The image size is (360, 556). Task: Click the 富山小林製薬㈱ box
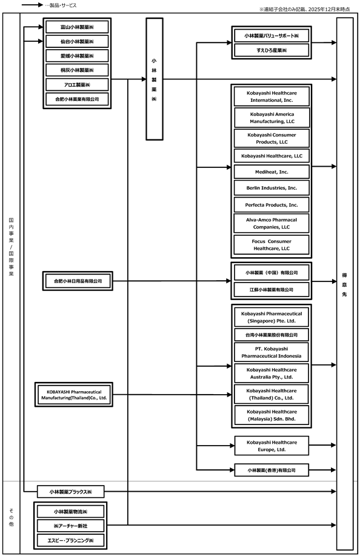click(x=77, y=27)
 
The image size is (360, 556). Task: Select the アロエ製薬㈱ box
click(x=77, y=85)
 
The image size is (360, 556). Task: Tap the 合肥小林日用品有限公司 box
click(x=78, y=281)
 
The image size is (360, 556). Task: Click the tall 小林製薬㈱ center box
click(x=155, y=79)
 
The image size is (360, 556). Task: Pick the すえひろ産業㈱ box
click(x=272, y=50)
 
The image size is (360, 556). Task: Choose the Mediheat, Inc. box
click(x=272, y=172)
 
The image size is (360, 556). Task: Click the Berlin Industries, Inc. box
click(x=272, y=188)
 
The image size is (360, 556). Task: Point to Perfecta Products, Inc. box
click(x=272, y=205)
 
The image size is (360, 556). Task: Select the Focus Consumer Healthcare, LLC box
click(x=272, y=245)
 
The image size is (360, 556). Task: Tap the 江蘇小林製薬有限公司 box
click(x=272, y=290)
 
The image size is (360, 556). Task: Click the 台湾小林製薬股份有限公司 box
click(x=272, y=335)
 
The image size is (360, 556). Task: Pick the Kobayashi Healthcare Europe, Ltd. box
click(x=272, y=446)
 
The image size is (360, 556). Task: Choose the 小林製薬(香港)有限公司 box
click(x=272, y=470)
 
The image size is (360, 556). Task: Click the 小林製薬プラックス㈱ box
click(x=71, y=492)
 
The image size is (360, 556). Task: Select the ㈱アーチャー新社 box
click(x=70, y=526)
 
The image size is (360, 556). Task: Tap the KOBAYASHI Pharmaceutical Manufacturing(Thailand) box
click(x=74, y=395)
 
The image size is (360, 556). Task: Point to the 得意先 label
click(x=344, y=285)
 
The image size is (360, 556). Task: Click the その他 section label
click(x=11, y=517)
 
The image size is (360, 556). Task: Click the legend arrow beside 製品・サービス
click(x=32, y=5)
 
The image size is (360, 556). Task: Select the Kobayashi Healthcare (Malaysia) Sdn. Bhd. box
click(x=272, y=415)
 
